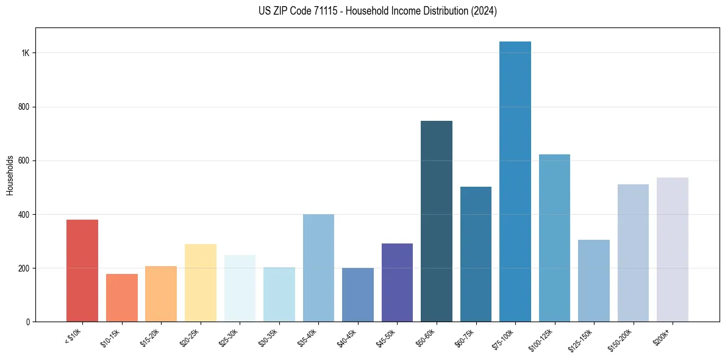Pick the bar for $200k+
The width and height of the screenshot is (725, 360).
click(x=673, y=250)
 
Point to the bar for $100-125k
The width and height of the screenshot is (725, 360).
click(x=554, y=238)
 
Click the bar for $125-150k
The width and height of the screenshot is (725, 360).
click(x=594, y=281)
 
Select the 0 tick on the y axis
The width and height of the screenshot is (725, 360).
click(x=28, y=322)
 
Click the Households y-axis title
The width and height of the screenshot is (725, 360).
click(x=10, y=175)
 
